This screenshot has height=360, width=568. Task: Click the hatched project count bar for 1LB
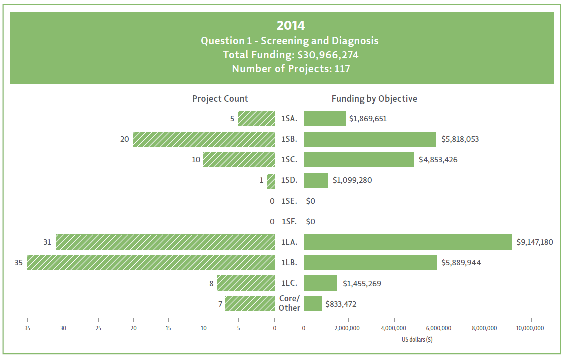pos(151,262)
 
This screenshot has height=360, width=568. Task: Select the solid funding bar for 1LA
pos(408,242)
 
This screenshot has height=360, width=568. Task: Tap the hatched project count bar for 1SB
pos(204,139)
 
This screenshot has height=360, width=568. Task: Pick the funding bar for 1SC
pos(359,160)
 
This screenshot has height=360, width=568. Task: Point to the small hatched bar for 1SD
pos(271,180)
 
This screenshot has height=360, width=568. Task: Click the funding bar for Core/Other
pos(313,303)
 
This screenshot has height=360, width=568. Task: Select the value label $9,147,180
pos(535,242)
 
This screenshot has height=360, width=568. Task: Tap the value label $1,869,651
pos(368,119)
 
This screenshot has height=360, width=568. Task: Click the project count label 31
pos(47,242)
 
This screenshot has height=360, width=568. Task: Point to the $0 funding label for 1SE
pos(310,201)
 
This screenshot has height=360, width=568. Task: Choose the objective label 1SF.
pos(289,222)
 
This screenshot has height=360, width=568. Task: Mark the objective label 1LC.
pos(289,283)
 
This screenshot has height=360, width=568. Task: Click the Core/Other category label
pos(289,303)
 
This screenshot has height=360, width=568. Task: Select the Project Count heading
pos(220,99)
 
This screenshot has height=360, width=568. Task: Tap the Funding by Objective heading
pos(374,99)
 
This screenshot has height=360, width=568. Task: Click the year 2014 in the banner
pos(291,25)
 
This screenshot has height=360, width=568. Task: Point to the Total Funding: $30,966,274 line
pos(291,55)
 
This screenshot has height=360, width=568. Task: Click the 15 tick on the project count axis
pos(168,328)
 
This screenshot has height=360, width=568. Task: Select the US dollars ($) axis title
pos(417,340)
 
